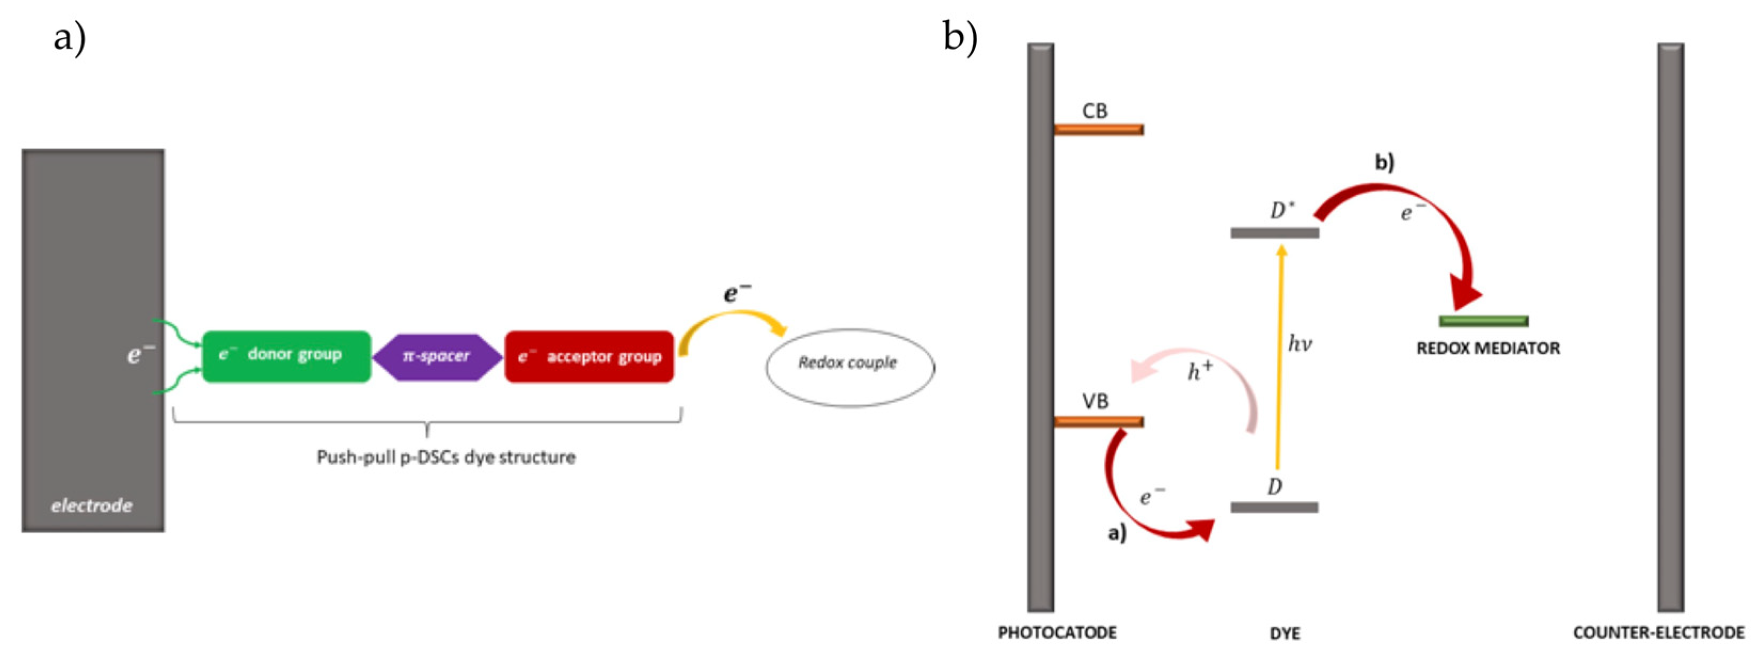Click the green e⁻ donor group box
(287, 356)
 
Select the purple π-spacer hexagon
(437, 357)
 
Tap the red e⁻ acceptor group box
(589, 357)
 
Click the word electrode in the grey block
(91, 506)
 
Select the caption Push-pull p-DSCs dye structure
(446, 457)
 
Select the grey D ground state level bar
(1274, 508)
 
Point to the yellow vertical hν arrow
(1280, 355)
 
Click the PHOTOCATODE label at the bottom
(1057, 633)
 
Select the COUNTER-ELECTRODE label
(1658, 633)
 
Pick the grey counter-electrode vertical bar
(1670, 327)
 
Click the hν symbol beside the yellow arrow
(1300, 343)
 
